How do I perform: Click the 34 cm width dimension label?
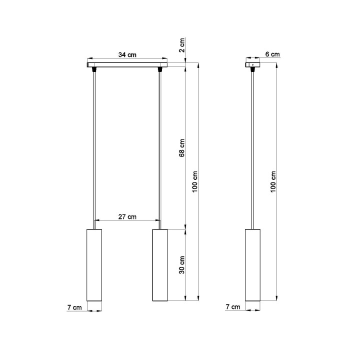(127, 54)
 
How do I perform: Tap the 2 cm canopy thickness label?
(182, 45)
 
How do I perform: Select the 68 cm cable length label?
(182, 147)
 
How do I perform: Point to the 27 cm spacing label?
(127, 216)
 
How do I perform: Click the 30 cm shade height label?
(182, 265)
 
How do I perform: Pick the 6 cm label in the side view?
(272, 54)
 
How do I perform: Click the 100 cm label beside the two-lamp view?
(195, 181)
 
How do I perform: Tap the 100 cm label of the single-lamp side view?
(272, 181)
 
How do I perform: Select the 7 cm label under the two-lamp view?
(74, 307)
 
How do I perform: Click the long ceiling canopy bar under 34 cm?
(127, 64)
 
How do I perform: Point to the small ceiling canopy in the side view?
(252, 64)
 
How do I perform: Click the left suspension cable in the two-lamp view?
(93, 150)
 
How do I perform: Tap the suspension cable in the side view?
(252, 150)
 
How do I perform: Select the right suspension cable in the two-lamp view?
(160, 150)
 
